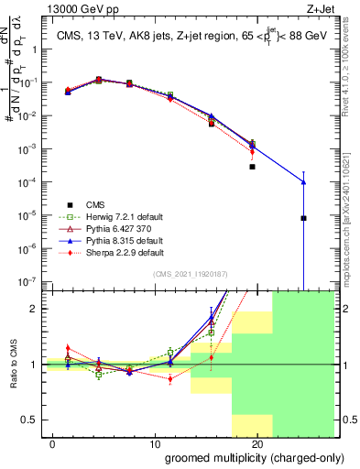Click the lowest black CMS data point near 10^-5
pyautogui.click(x=303, y=218)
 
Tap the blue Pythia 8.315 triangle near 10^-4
pyautogui.click(x=303, y=182)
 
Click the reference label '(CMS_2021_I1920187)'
pyautogui.click(x=190, y=273)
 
